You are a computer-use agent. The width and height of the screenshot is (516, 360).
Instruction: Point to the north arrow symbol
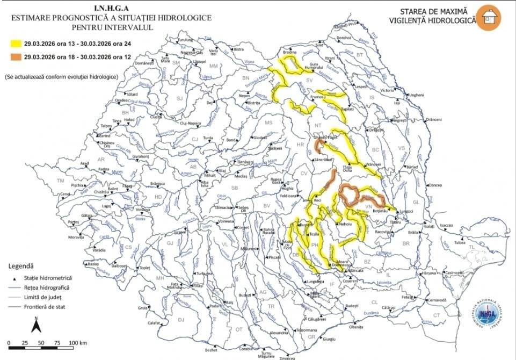point(35,325)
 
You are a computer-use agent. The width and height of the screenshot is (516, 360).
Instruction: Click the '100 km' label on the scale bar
point(78,342)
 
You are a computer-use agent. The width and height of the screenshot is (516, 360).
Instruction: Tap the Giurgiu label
point(329,339)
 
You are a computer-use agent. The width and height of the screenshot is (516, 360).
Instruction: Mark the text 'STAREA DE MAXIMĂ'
point(434,11)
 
